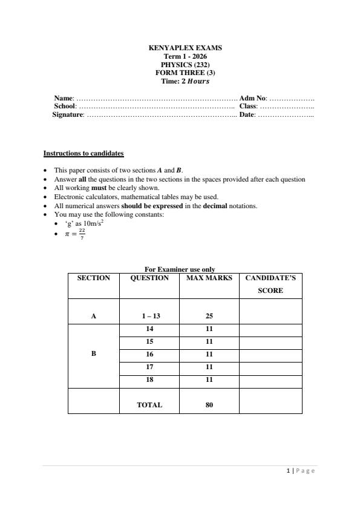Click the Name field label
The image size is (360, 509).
click(x=64, y=97)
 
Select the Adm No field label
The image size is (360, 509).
click(x=253, y=97)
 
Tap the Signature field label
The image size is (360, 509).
click(x=68, y=114)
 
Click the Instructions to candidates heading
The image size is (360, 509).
click(x=83, y=154)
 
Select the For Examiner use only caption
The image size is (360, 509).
click(x=180, y=269)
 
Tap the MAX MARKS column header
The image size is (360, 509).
click(x=209, y=278)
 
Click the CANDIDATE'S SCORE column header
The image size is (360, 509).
click(x=270, y=284)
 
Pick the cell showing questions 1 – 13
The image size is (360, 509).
click(x=149, y=316)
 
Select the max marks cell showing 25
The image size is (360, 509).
click(x=209, y=316)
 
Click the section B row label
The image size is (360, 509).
click(x=93, y=354)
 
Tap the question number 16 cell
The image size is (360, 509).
click(x=149, y=354)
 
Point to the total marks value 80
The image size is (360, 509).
click(x=209, y=405)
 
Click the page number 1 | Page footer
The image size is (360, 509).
click(x=301, y=471)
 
